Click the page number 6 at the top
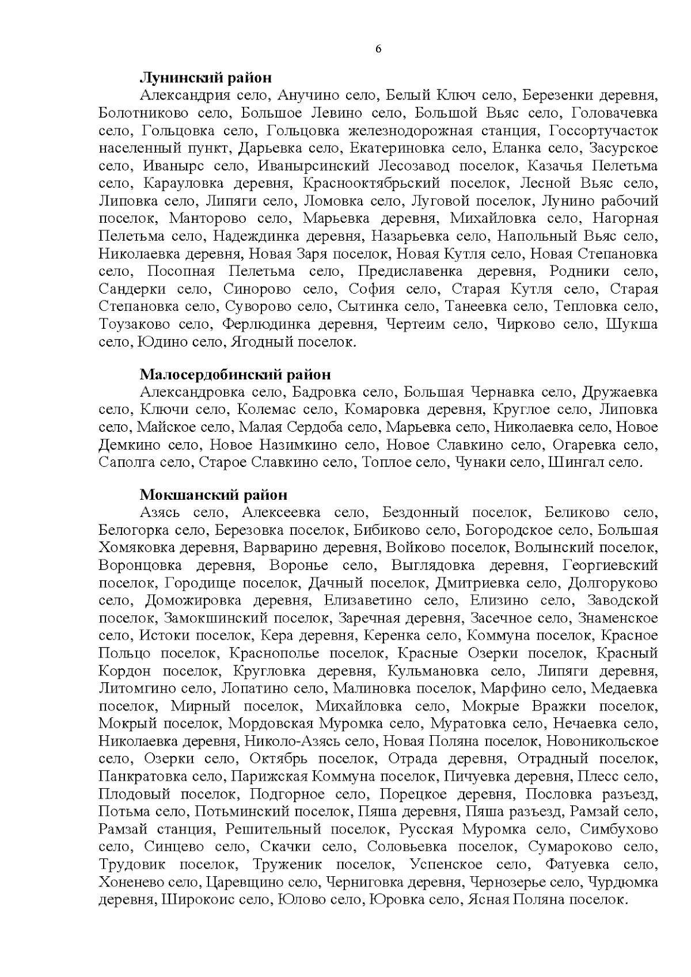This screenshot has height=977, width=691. tap(378, 49)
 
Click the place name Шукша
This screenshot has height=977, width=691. tap(632, 324)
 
